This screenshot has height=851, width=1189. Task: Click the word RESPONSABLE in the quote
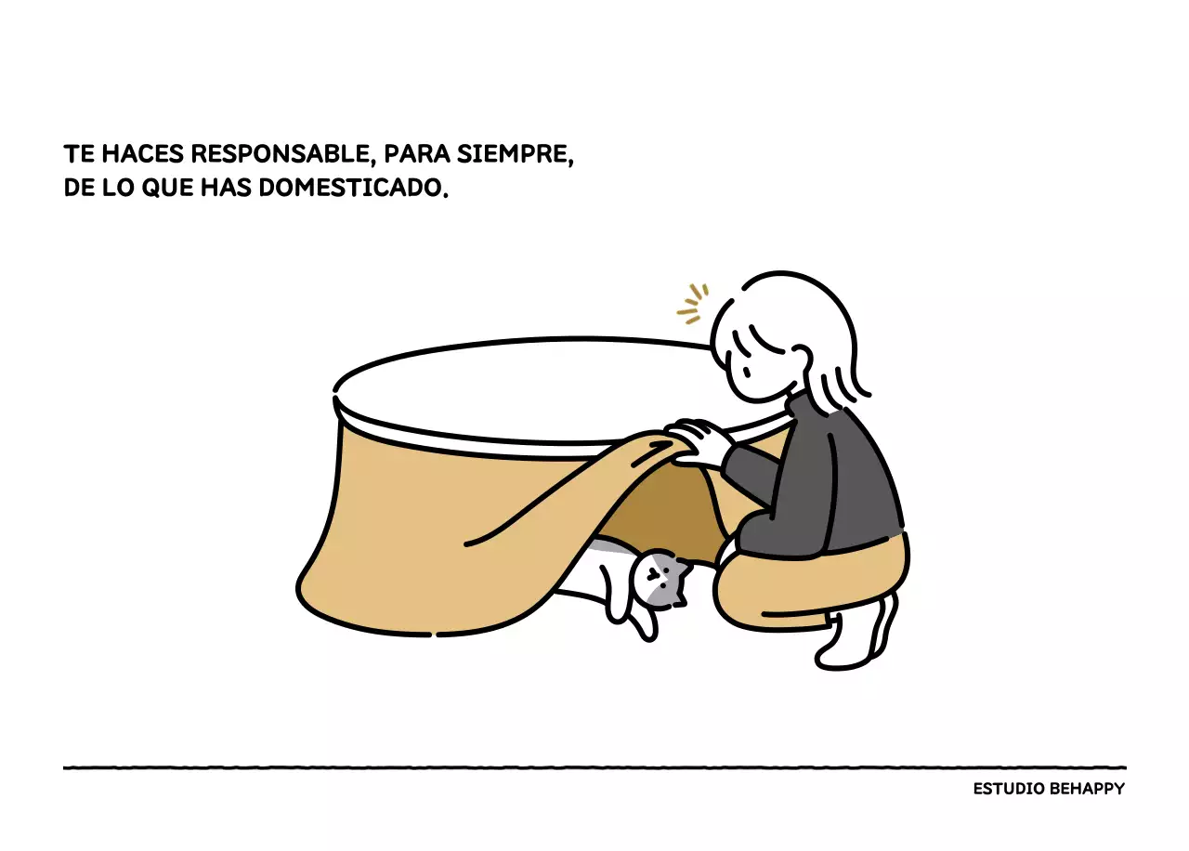tap(280, 154)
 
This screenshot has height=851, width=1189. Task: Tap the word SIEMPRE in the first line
tap(515, 154)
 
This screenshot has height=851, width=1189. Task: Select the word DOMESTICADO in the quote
tap(354, 188)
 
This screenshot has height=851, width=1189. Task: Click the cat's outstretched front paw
tap(645, 628)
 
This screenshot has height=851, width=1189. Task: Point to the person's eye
tap(746, 372)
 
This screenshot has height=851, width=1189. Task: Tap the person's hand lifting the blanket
tap(697, 441)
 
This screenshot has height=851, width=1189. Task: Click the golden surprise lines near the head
tap(692, 304)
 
